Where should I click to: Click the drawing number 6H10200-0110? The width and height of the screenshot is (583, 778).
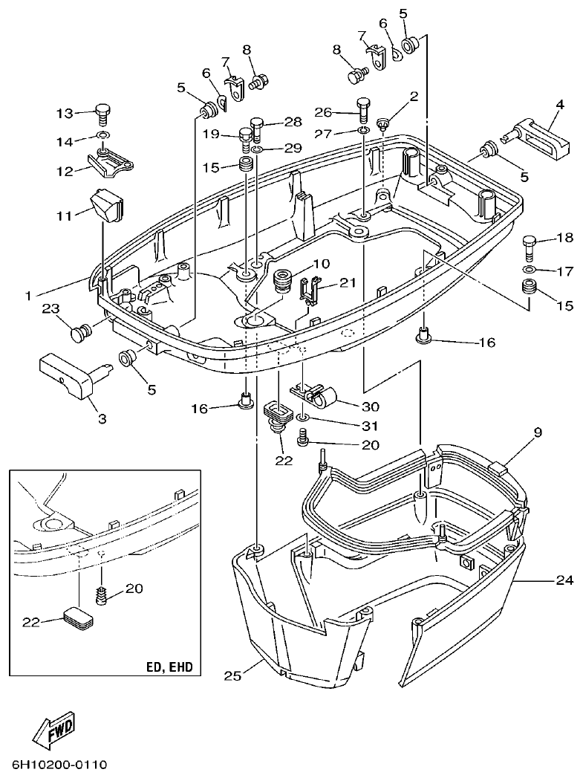(x=59, y=765)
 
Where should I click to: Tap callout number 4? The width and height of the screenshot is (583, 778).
(x=559, y=104)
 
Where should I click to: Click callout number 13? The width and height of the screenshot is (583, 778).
(x=65, y=113)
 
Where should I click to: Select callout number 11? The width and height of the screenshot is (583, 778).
(x=65, y=215)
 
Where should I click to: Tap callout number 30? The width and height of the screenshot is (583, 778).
(x=370, y=407)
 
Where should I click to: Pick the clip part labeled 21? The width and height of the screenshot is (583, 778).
(x=310, y=289)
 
